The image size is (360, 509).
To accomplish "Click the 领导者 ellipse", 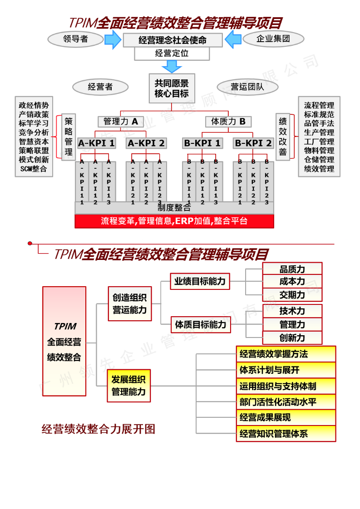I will (x=76, y=39).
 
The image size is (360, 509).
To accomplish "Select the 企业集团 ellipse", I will (x=273, y=39).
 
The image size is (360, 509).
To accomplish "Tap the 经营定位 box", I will (x=172, y=54).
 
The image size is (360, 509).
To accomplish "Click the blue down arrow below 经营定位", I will (x=172, y=66).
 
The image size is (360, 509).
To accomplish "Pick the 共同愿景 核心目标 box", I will (x=172, y=88).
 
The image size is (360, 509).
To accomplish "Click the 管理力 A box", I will (x=120, y=122).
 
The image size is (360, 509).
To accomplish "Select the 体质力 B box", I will (x=228, y=122).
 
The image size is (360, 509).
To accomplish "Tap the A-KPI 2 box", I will (x=146, y=143).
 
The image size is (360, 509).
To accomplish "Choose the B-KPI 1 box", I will (x=202, y=143).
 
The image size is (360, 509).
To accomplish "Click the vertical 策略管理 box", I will (x=69, y=137).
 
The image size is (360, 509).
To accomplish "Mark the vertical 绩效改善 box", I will (x=282, y=137).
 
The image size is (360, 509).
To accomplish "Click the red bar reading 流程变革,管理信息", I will (x=174, y=221).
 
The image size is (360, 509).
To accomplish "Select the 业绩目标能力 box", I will (x=200, y=281).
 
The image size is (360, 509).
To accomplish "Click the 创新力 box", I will (x=292, y=338).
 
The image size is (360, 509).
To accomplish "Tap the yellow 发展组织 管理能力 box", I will (x=128, y=386).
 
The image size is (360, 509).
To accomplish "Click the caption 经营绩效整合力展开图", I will (x=99, y=429).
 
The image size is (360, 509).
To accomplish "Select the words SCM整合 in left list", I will (x=34, y=169).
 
